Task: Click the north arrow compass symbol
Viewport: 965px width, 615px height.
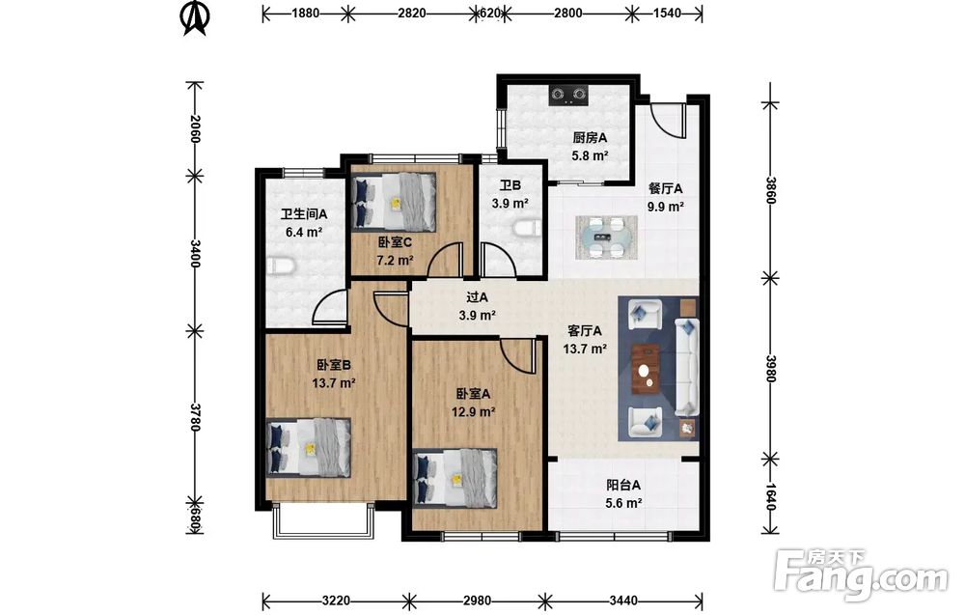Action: click(195, 17)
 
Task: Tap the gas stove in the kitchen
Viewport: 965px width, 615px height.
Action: click(568, 95)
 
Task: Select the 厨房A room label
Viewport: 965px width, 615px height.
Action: click(590, 138)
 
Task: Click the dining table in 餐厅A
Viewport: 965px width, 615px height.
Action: click(606, 237)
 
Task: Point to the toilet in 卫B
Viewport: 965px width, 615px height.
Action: click(526, 229)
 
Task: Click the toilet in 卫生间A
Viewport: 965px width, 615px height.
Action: click(282, 266)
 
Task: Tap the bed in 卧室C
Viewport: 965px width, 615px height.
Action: click(394, 202)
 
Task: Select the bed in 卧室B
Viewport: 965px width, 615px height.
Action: click(309, 448)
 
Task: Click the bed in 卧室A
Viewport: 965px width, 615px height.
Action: click(455, 478)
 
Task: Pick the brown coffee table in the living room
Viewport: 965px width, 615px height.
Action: click(646, 368)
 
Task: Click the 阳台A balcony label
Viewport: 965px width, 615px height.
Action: click(622, 485)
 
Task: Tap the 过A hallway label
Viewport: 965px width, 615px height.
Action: click(477, 297)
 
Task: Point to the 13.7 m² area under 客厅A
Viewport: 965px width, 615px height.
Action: click(586, 349)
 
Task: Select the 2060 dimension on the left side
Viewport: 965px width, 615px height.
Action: click(196, 128)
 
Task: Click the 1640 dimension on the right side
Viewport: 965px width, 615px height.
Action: click(770, 496)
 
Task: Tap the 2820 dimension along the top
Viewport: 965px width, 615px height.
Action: click(411, 13)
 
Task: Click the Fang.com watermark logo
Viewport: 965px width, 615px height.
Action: click(862, 574)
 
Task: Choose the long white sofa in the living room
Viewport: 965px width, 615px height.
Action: click(687, 366)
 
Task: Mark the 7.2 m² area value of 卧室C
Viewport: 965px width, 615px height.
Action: click(395, 260)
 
